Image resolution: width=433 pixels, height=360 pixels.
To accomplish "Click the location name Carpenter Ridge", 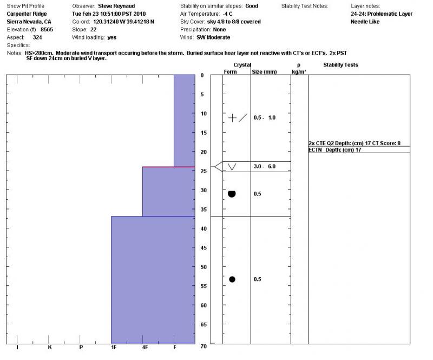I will click(x=27, y=14).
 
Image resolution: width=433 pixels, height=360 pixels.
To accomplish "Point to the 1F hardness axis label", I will click(x=113, y=348).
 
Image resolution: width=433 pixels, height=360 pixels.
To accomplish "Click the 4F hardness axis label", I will click(x=145, y=348).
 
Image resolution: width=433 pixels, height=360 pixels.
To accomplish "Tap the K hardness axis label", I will click(x=49, y=348).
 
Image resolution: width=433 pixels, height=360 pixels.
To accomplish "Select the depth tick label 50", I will click(x=203, y=267).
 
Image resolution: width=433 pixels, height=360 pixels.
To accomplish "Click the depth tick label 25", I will click(x=203, y=171).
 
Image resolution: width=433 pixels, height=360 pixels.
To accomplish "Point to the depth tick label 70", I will click(x=203, y=346).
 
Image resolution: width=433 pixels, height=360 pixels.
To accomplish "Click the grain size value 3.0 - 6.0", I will click(x=265, y=167).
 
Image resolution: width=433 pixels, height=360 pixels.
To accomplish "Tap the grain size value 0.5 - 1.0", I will click(x=265, y=117).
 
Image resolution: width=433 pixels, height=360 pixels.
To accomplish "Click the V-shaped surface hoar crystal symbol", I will click(x=232, y=167).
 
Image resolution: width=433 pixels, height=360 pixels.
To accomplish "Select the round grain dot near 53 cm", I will click(x=232, y=279).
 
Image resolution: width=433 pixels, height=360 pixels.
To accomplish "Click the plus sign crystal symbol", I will click(x=233, y=117).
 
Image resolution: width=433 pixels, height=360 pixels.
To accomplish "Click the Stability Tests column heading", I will click(x=340, y=65).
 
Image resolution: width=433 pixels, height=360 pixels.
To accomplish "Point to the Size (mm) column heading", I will click(x=265, y=71).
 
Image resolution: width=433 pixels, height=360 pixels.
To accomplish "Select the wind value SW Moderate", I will click(x=213, y=37).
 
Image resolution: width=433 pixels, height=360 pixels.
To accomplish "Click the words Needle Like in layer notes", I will click(x=365, y=22).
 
